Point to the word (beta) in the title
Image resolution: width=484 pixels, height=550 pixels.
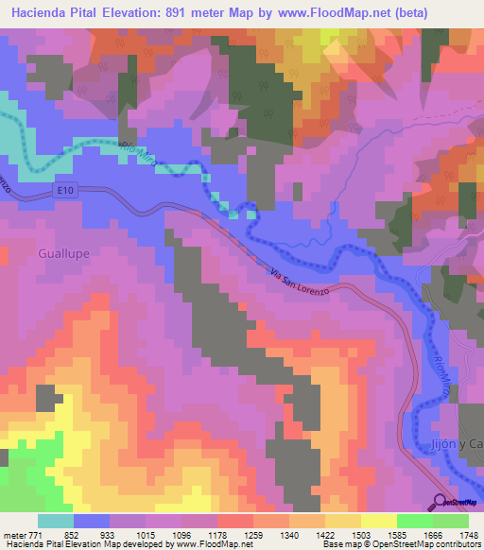377,13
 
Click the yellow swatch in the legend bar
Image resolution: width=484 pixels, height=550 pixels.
378,521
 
